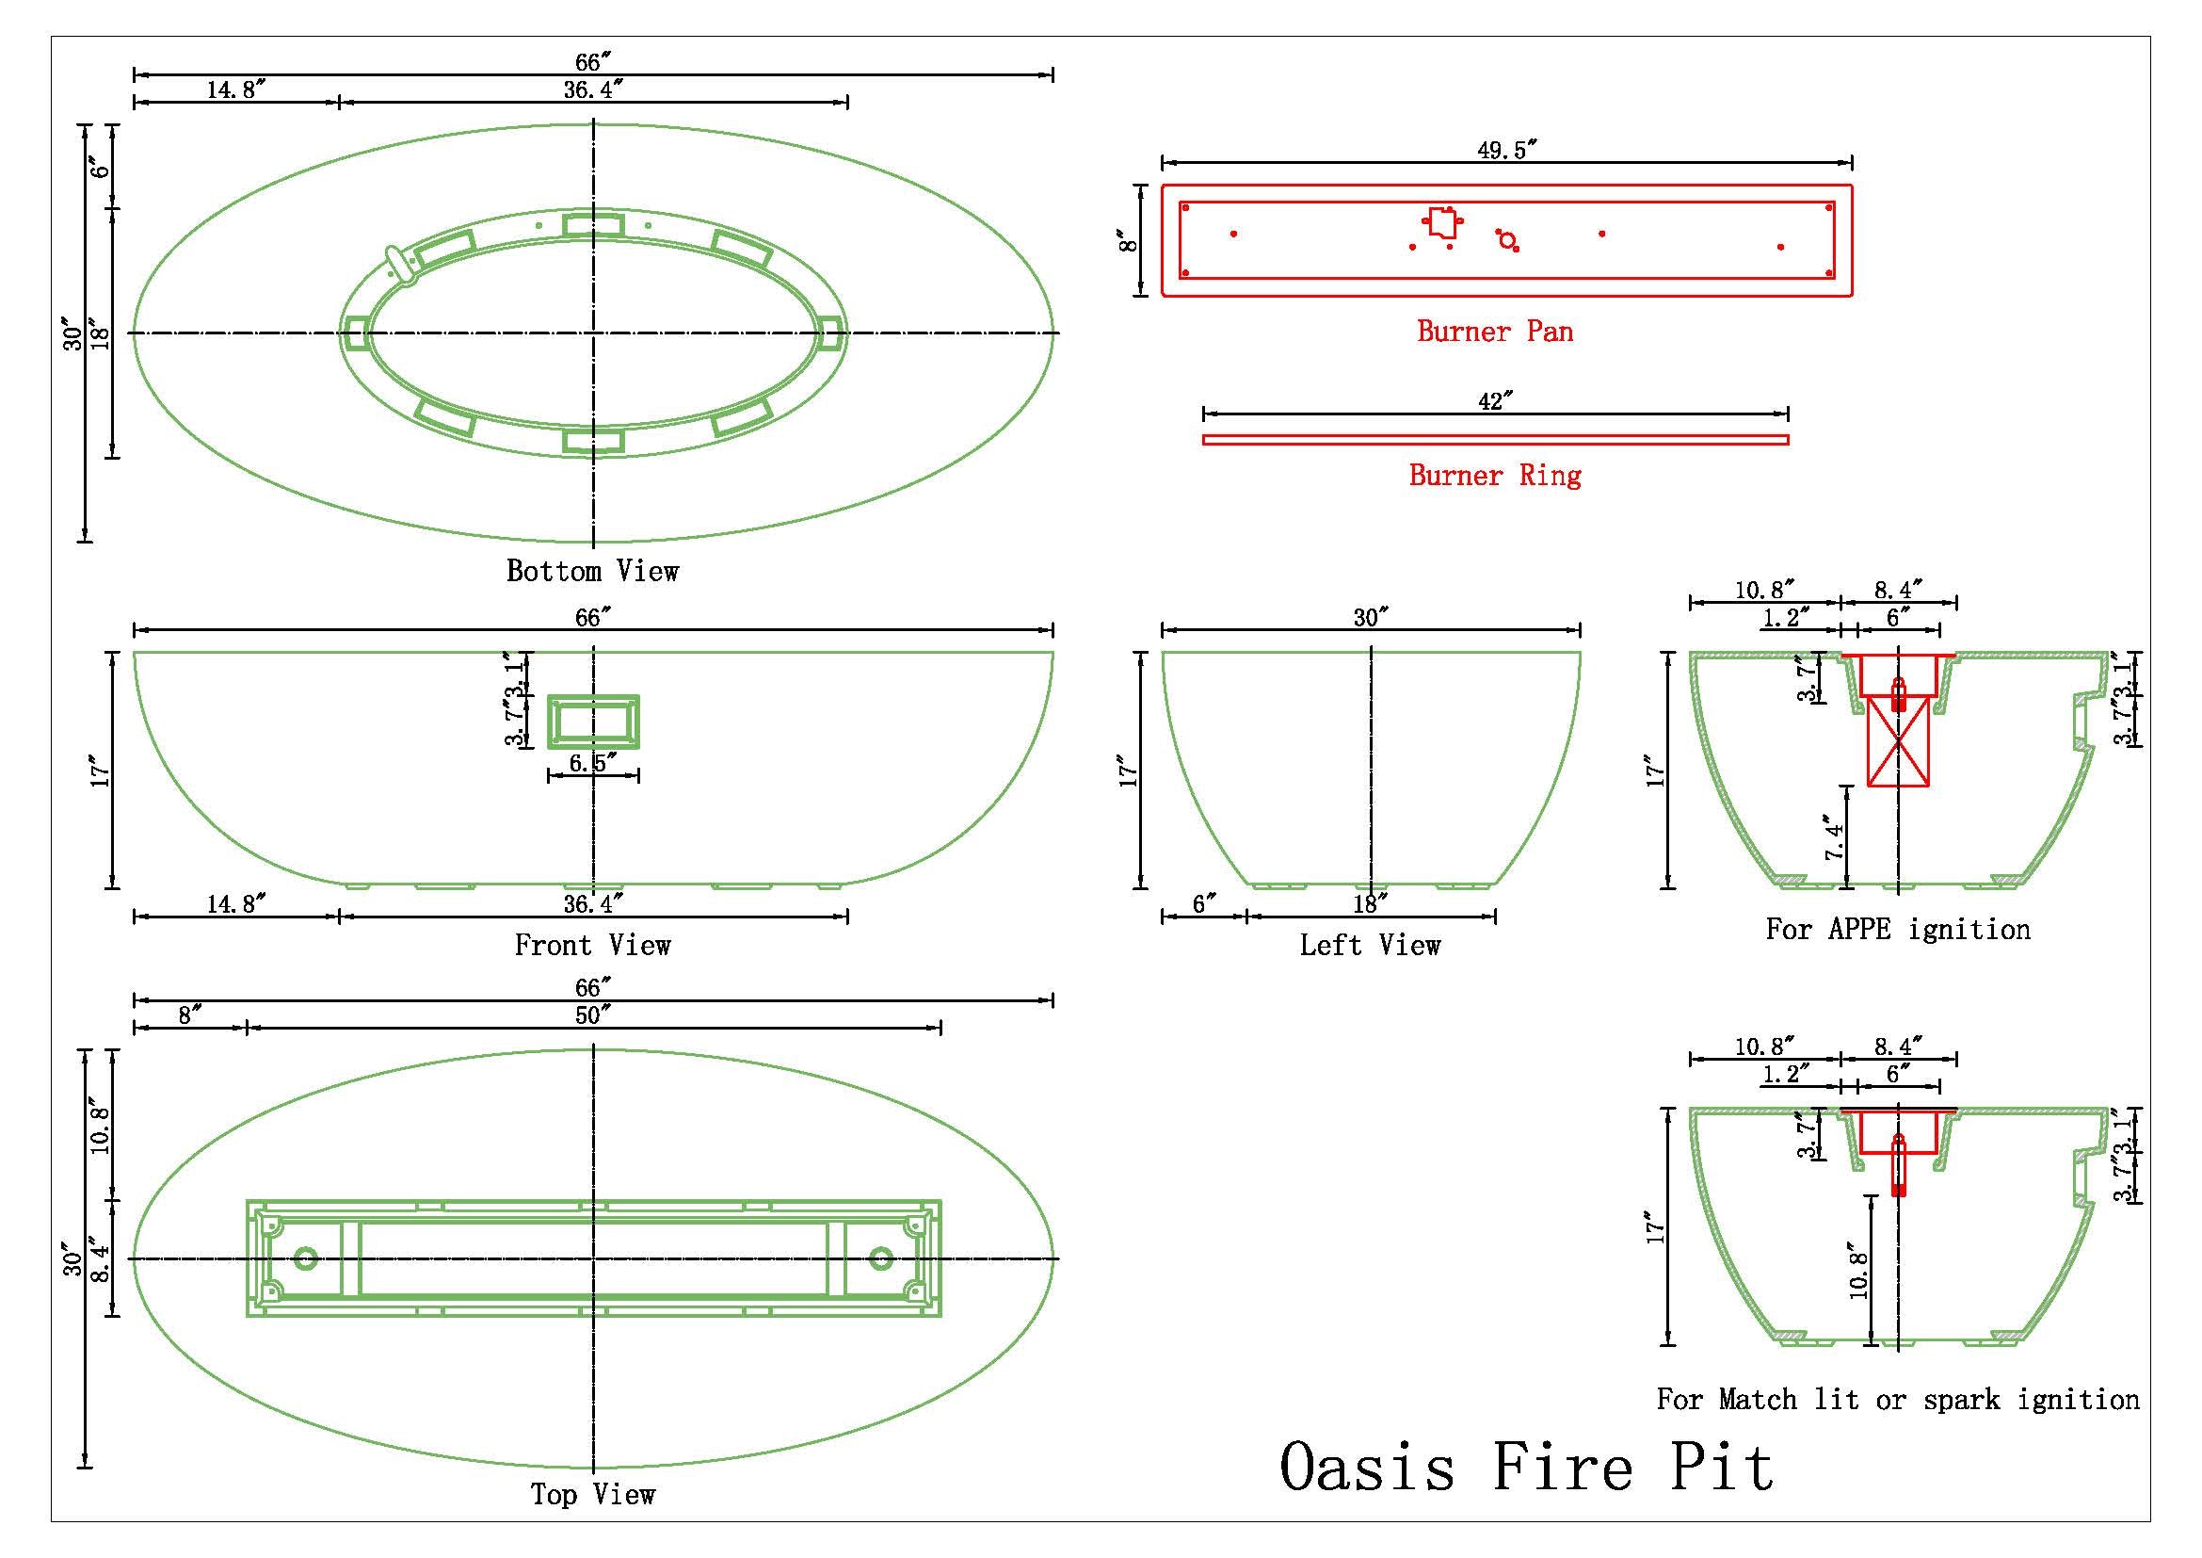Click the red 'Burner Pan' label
(x=1494, y=332)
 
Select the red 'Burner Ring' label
(x=1494, y=475)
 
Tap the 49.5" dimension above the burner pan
(x=1506, y=150)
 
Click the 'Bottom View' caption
(x=593, y=572)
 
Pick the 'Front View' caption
(x=593, y=945)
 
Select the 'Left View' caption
(x=1370, y=945)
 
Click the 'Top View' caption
(x=593, y=1494)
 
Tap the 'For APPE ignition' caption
(x=1898, y=929)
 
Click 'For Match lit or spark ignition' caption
(x=1898, y=1399)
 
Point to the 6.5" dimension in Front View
(x=592, y=763)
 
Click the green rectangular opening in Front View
(x=593, y=722)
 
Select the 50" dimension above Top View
(x=593, y=1015)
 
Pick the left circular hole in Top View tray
(x=306, y=1258)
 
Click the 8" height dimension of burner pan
(x=1130, y=241)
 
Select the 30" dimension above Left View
(x=1371, y=617)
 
